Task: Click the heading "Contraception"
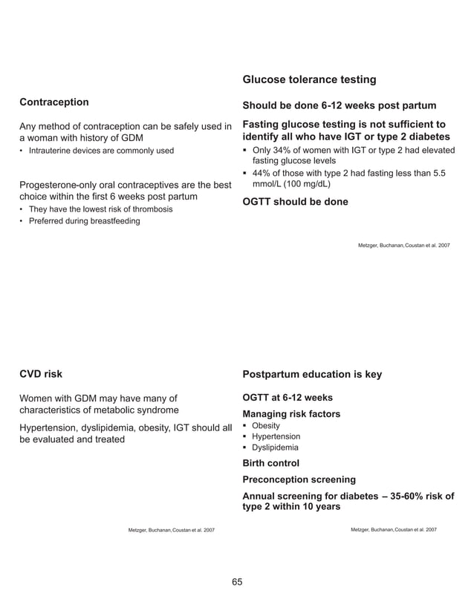point(54,102)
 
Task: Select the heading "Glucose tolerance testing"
point(309,79)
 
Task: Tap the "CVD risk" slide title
point(41,374)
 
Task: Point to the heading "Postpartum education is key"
point(312,374)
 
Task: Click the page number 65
point(237,581)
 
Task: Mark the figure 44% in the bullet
point(262,173)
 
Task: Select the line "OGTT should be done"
point(295,202)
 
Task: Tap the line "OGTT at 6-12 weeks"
point(288,397)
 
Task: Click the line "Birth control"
point(271,463)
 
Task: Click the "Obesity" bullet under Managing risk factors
point(266,426)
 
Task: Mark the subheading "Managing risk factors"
point(291,413)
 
